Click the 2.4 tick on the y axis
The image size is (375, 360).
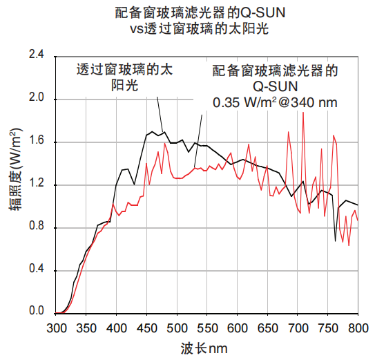tap(35, 55)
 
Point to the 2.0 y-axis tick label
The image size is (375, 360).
tap(35, 98)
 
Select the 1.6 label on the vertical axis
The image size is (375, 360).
tap(35, 141)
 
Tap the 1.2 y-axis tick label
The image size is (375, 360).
tap(35, 184)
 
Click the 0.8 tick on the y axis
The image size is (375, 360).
tap(35, 227)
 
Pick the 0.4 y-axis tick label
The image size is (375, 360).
tap(35, 269)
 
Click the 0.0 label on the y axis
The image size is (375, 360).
tap(35, 312)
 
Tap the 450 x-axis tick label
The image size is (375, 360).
tap(147, 327)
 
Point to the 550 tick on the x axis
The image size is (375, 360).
tap(207, 327)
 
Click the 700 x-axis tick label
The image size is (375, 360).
tap(298, 327)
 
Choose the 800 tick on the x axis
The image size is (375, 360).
tap(358, 327)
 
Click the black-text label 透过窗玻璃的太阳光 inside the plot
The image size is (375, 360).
tap(124, 77)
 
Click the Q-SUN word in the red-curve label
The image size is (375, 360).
tap(275, 86)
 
